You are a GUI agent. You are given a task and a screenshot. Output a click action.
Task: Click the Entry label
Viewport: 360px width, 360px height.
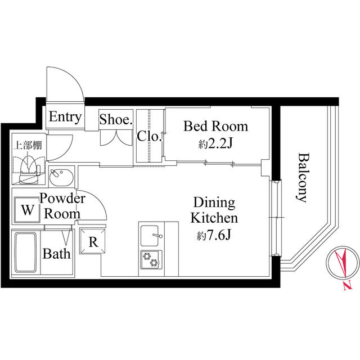tap(65, 118)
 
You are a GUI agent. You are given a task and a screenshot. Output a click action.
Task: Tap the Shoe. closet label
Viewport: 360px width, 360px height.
tap(115, 119)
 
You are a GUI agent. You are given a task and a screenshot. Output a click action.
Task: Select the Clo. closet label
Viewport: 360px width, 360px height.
tap(150, 136)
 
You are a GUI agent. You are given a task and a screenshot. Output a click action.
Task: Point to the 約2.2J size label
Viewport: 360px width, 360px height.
tap(215, 143)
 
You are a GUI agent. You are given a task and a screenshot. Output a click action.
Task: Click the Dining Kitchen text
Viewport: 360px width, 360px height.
tap(214, 210)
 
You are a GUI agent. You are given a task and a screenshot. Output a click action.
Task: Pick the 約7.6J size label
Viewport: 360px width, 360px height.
tap(214, 236)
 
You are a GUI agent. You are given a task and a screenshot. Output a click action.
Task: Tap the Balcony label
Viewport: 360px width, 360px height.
tap(303, 177)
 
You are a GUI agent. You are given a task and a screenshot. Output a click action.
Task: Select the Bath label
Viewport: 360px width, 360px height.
tap(57, 253)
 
